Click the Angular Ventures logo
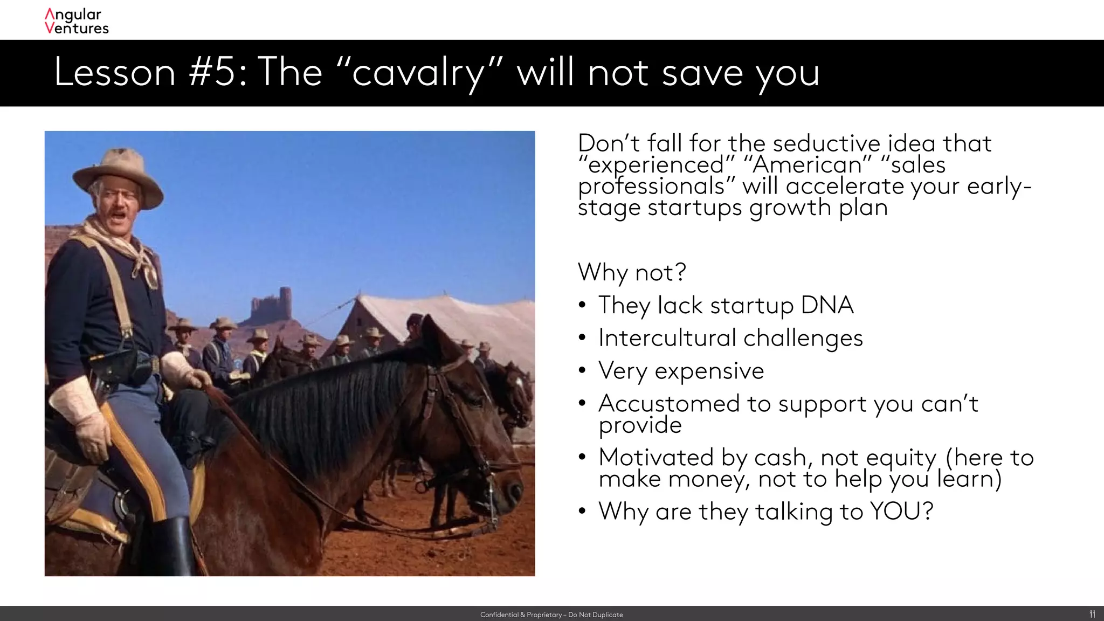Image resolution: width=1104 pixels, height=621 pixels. [x=77, y=21]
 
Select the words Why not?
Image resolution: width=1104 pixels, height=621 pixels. [x=632, y=272]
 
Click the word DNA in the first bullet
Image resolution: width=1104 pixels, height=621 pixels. [x=827, y=305]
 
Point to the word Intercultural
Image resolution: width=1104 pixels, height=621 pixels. [x=667, y=338]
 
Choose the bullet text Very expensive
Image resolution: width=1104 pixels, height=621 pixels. [x=681, y=371]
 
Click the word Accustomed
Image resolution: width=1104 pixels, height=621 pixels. [x=668, y=403]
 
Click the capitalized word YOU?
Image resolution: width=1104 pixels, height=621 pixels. [x=901, y=511]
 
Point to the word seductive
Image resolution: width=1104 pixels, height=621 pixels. [x=826, y=143]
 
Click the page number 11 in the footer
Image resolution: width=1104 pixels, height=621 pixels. [x=1092, y=614]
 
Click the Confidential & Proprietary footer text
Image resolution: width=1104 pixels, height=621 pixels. [x=551, y=615]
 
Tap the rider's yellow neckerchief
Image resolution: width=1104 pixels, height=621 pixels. [x=124, y=243]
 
